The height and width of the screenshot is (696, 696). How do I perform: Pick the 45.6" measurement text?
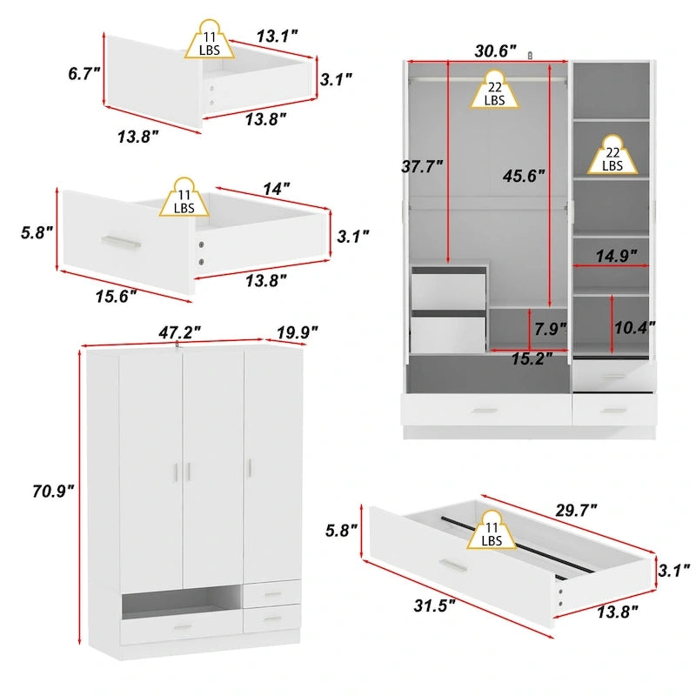click(x=523, y=175)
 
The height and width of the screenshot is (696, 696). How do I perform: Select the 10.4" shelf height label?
click(x=634, y=328)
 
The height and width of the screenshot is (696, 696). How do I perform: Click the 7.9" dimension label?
click(x=550, y=329)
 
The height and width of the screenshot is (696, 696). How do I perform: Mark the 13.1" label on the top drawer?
click(x=277, y=36)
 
